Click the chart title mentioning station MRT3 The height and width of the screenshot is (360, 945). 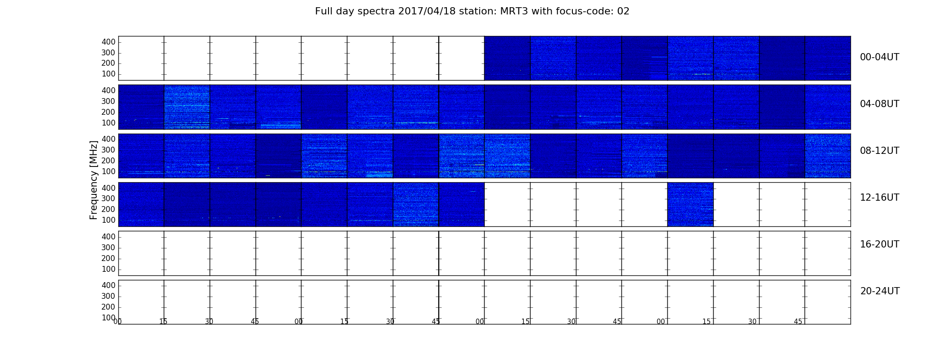tap(472, 11)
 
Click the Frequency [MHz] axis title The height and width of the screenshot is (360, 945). tap(94, 180)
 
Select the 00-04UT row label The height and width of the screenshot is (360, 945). tap(880, 57)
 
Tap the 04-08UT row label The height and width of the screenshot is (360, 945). tap(880, 104)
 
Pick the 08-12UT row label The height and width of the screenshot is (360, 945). tap(880, 151)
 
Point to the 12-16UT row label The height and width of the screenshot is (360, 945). tap(880, 198)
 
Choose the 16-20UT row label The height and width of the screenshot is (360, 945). tap(880, 244)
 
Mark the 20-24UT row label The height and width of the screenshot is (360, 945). tap(880, 291)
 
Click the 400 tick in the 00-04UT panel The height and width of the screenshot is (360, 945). tap(108, 42)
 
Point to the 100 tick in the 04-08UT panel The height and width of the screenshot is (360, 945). tap(108, 123)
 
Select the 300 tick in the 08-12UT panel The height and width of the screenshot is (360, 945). tap(108, 150)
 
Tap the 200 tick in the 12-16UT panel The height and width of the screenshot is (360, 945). tap(108, 209)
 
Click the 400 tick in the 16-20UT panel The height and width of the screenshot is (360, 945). tap(108, 237)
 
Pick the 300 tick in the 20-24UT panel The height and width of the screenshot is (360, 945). tap(108, 296)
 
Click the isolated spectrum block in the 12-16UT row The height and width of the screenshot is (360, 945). tap(690, 204)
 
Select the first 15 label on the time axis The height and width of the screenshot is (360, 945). tap(163, 322)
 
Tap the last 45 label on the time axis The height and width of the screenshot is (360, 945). tap(798, 322)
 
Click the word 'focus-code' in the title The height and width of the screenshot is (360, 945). tap(586, 11)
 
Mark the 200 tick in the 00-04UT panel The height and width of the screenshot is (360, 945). tap(108, 63)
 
